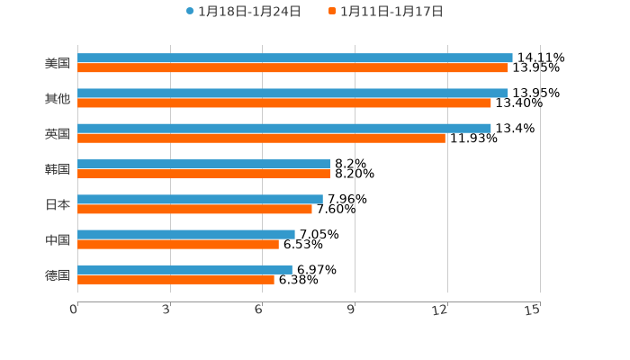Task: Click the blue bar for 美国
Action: [x=295, y=58]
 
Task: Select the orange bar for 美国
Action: [x=292, y=67]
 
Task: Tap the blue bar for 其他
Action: [x=292, y=93]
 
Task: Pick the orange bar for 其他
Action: [x=284, y=103]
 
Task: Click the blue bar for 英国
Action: [x=284, y=128]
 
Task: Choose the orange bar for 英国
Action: [x=261, y=139]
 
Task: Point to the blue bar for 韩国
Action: [x=203, y=164]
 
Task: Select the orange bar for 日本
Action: [x=194, y=210]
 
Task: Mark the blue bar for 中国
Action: [x=186, y=234]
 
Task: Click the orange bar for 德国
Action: [x=175, y=280]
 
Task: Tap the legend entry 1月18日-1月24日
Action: [x=244, y=11]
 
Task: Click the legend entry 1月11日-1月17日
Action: [x=386, y=11]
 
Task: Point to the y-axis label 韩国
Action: [x=58, y=169]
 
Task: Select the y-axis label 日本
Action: [x=58, y=204]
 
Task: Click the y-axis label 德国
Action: [x=58, y=274]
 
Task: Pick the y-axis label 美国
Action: [x=58, y=63]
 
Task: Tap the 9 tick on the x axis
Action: [x=352, y=310]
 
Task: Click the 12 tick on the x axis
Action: [x=441, y=310]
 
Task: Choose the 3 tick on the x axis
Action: [x=167, y=310]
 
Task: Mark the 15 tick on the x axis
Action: [x=533, y=310]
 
